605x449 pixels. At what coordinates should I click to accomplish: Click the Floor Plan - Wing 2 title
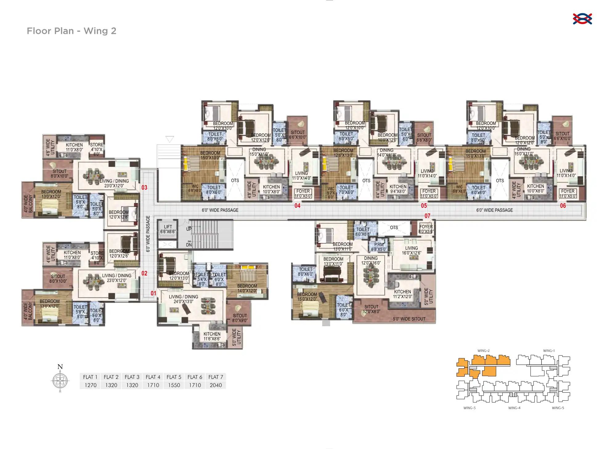coord(71,31)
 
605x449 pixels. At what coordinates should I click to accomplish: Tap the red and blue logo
coord(582,19)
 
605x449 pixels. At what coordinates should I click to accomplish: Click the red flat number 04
coord(297,205)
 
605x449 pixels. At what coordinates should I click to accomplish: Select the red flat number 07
coord(427,216)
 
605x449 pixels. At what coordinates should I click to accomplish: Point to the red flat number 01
coord(153,293)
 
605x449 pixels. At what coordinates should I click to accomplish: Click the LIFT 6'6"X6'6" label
coord(168,229)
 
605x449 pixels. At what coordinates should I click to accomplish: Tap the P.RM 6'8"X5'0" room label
coord(379,247)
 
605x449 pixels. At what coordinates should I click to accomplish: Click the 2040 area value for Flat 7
coord(216,385)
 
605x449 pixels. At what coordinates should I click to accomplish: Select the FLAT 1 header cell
coord(90,377)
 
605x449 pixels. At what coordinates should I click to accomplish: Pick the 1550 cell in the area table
coord(174,385)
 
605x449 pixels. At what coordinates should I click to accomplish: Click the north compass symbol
coord(60,381)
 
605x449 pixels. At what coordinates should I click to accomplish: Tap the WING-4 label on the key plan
coord(514,408)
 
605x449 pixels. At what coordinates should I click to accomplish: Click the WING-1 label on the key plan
coord(549,350)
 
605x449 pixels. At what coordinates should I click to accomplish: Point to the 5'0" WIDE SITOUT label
coord(409,319)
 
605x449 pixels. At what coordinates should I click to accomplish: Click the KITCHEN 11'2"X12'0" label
coord(402,294)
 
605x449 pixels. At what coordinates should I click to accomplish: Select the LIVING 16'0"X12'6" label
coord(411,250)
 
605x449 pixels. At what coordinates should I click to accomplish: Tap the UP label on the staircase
coord(189,229)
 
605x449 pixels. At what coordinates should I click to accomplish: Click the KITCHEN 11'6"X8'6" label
coord(212,336)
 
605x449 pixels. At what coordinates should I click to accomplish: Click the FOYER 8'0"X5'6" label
coord(426,229)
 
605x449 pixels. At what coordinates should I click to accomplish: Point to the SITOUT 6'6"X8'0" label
coord(424,137)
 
